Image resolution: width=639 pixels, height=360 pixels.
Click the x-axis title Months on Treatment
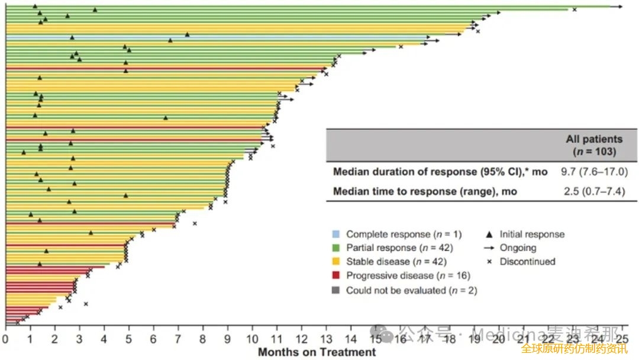[317, 352]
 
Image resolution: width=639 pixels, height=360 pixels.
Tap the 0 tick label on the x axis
[5, 339]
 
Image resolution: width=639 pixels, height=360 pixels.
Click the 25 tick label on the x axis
[622, 339]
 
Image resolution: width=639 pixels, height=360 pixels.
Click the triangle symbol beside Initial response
[488, 234]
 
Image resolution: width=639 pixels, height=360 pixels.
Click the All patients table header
[594, 145]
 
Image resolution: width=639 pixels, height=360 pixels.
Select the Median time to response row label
[424, 191]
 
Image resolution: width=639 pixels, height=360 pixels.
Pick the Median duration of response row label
[440, 172]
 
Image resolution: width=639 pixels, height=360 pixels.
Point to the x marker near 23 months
[574, 9]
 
